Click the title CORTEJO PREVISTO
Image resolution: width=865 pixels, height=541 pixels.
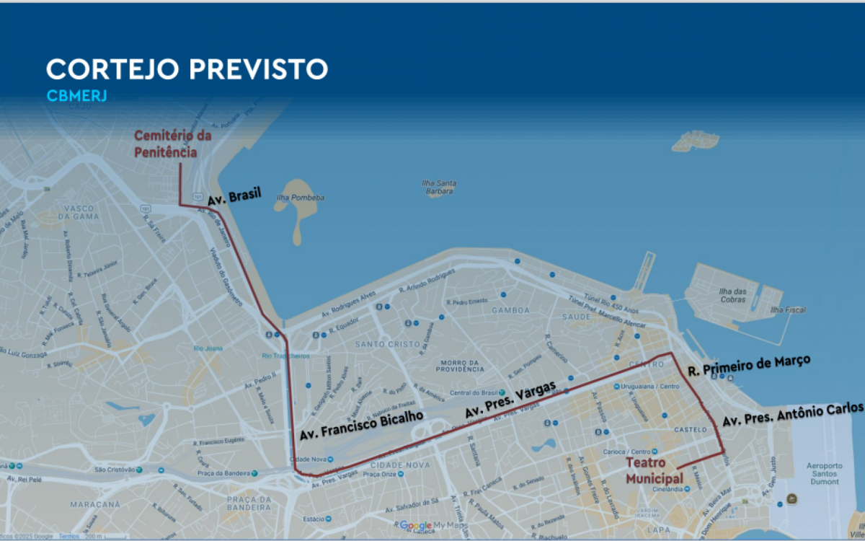point(187,69)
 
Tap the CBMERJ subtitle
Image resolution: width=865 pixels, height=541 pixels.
point(76,96)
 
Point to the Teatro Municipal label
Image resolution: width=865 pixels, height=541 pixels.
point(654,470)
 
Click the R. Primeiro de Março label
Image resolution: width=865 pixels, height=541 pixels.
point(749,365)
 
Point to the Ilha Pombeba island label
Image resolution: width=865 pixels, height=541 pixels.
point(301,198)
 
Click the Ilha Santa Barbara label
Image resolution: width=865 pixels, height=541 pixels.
point(439,187)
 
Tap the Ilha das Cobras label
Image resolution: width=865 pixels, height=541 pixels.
point(732,295)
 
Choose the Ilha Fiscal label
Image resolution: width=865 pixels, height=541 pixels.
point(788,309)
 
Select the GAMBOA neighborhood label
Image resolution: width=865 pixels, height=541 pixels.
point(510,310)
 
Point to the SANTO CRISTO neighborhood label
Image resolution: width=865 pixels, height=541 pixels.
point(386,344)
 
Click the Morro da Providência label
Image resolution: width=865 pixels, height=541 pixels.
point(461,365)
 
